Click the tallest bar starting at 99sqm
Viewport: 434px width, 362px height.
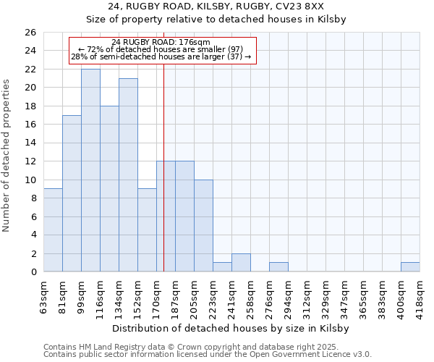coord(90,170)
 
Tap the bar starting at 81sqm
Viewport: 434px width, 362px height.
coord(72,193)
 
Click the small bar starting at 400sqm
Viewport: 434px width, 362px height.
coord(410,267)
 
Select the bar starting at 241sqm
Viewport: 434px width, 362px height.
coord(241,263)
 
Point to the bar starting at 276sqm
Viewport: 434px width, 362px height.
coord(278,267)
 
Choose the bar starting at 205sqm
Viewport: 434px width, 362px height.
coord(203,226)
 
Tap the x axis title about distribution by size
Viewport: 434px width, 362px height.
coord(231,329)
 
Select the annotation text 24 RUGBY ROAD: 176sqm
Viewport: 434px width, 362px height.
coord(161,43)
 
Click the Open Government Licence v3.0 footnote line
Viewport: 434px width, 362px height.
coord(207,355)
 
